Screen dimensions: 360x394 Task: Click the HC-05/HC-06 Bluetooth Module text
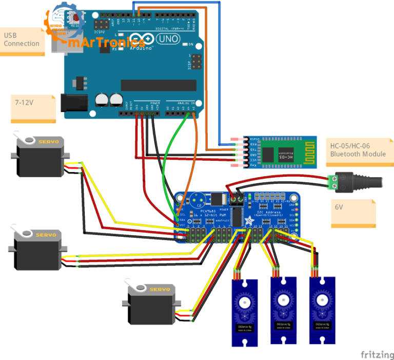358,149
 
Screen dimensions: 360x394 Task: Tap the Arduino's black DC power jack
72,103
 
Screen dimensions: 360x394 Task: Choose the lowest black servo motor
151,304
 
